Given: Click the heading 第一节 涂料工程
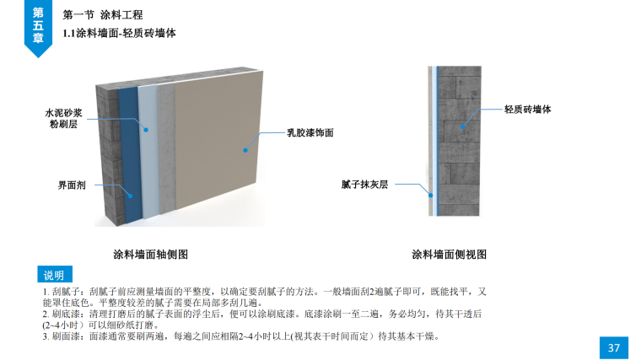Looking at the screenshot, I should (103, 15).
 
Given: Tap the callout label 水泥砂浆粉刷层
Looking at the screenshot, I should (63, 118).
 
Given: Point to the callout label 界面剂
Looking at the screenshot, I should (72, 183).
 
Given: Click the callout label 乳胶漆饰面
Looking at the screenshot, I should (310, 133).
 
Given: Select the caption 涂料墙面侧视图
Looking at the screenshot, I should (449, 254).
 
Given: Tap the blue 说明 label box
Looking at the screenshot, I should (54, 275).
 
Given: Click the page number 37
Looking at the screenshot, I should (613, 347).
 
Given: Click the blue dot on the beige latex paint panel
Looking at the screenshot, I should (245, 150).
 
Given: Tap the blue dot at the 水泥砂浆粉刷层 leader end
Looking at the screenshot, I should (145, 130).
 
